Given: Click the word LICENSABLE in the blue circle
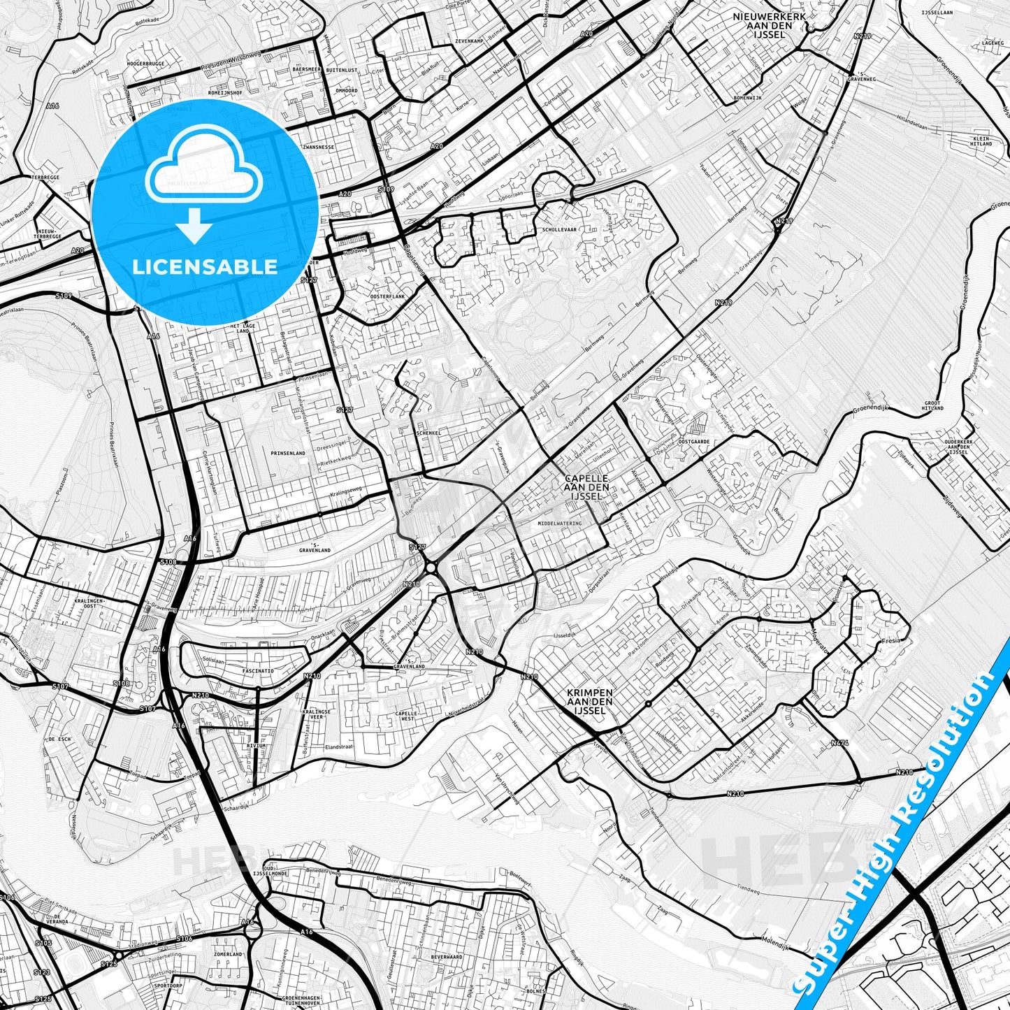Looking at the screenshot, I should pyautogui.click(x=205, y=266).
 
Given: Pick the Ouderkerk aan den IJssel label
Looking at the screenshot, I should pyautogui.click(x=947, y=447).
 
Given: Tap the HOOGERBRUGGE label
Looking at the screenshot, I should pyautogui.click(x=145, y=64).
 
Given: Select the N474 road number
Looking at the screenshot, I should pyautogui.click(x=839, y=743).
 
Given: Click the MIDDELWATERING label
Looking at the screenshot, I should pyautogui.click(x=560, y=523).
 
